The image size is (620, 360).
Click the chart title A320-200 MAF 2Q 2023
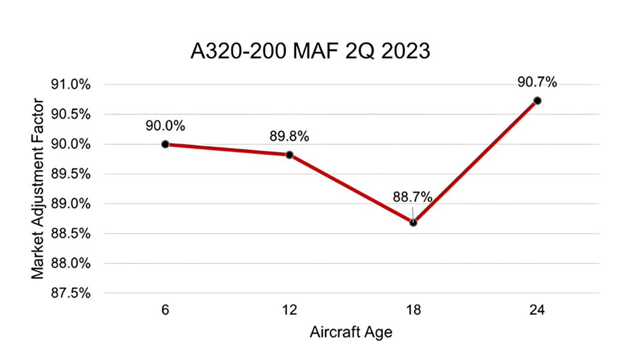click(x=310, y=51)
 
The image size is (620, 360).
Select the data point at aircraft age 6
click(x=165, y=144)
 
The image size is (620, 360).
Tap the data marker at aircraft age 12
click(x=290, y=155)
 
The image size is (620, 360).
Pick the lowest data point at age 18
click(x=413, y=222)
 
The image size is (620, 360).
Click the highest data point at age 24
click(x=538, y=101)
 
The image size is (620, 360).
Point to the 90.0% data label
click(x=165, y=126)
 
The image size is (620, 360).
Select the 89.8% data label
click(x=290, y=137)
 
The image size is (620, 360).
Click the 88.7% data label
click(x=413, y=197)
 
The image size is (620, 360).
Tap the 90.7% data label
click(x=538, y=82)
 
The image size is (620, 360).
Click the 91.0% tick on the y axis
click(x=71, y=85)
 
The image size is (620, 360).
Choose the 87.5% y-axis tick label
click(x=71, y=293)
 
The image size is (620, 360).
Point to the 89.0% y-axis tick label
click(x=71, y=204)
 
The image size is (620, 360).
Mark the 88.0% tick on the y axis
click(x=71, y=264)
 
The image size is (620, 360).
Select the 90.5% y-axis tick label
click(x=71, y=114)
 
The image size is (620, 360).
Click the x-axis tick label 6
click(x=165, y=312)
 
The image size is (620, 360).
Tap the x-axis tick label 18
click(x=413, y=312)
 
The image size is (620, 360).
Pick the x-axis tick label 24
click(x=538, y=312)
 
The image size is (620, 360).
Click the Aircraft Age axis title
click(x=351, y=332)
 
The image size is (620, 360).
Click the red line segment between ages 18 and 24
click(x=476, y=161)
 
